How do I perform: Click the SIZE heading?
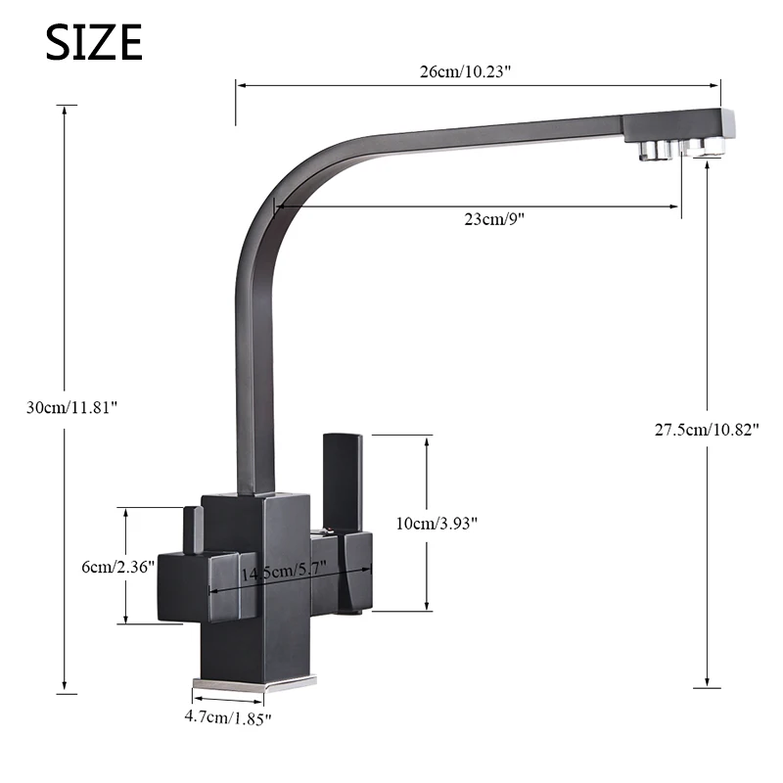click(x=94, y=42)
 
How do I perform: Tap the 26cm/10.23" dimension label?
click(x=465, y=71)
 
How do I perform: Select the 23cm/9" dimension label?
click(x=494, y=218)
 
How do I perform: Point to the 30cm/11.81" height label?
click(x=71, y=407)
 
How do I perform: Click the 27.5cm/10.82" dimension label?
click(x=707, y=430)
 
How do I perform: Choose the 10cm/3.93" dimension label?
click(x=437, y=524)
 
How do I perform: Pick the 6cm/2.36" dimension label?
click(x=117, y=567)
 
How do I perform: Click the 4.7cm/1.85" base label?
click(x=228, y=718)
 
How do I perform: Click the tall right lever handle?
click(x=343, y=477)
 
